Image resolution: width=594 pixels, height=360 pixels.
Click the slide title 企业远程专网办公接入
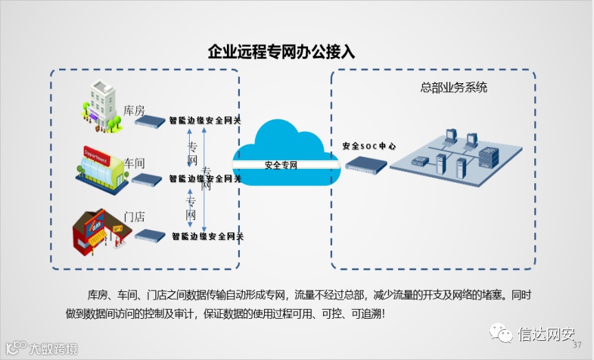(281, 52)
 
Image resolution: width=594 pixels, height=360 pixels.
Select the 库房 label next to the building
(134, 110)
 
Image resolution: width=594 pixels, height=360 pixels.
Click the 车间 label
(134, 163)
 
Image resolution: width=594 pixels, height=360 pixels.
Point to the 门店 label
(134, 216)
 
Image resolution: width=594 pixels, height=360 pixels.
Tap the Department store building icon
(101, 165)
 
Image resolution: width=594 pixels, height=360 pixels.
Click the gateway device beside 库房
(151, 122)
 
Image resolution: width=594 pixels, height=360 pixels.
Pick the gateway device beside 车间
(147, 179)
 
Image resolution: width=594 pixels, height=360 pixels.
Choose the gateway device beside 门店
(151, 235)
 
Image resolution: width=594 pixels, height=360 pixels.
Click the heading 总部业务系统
(454, 88)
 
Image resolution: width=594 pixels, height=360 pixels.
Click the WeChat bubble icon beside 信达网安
(500, 334)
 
